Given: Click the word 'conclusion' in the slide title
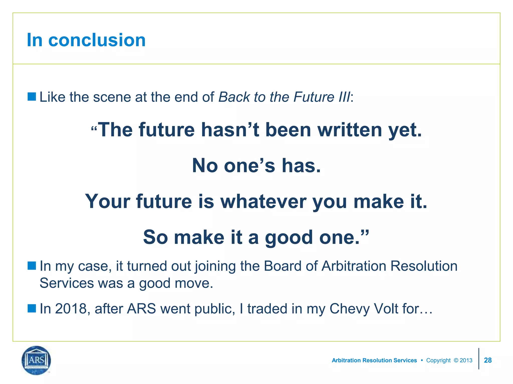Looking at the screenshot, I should click(x=97, y=40).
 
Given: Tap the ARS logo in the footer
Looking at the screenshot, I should click(x=36, y=360).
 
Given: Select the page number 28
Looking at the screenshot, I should click(x=488, y=360).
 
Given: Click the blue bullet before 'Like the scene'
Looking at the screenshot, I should click(x=32, y=96).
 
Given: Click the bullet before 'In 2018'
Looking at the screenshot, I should click(x=32, y=308).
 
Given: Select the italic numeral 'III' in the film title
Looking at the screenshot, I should click(x=344, y=97).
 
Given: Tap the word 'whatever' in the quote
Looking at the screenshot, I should click(x=263, y=201).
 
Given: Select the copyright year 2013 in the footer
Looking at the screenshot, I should click(x=466, y=360).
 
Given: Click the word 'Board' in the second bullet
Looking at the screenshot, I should click(x=283, y=266).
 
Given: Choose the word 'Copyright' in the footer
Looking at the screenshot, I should click(x=438, y=360).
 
